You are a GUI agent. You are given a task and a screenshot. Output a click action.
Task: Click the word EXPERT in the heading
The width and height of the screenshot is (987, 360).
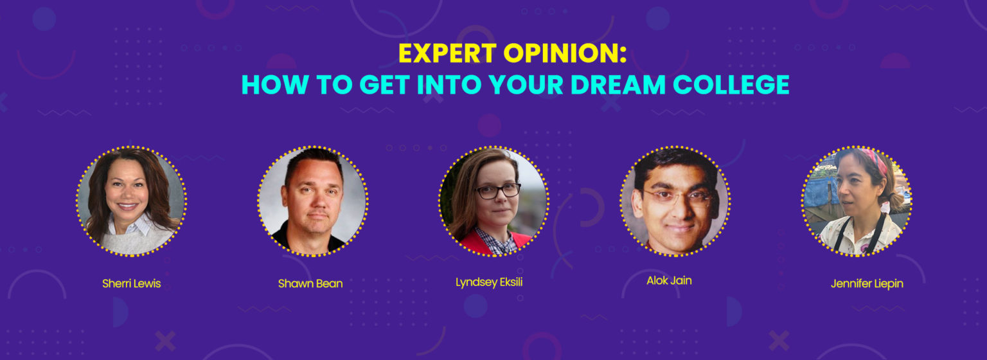pyautogui.click(x=447, y=53)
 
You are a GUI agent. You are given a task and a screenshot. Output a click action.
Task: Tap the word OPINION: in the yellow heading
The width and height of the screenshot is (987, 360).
pyautogui.click(x=565, y=53)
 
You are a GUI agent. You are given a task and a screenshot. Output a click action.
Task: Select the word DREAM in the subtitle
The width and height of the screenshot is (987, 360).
pyautogui.click(x=618, y=85)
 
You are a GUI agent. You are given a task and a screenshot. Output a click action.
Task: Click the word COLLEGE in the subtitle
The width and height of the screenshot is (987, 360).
pyautogui.click(x=731, y=85)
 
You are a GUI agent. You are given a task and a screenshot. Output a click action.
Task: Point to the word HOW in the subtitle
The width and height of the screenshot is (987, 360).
pyautogui.click(x=274, y=85)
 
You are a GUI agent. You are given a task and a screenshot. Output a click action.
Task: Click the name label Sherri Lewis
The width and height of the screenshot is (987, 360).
pyautogui.click(x=131, y=283)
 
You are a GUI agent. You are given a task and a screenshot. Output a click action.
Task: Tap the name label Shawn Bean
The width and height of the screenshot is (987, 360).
pyautogui.click(x=310, y=283)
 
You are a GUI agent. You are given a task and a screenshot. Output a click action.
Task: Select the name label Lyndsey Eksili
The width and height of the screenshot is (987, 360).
pyautogui.click(x=489, y=282)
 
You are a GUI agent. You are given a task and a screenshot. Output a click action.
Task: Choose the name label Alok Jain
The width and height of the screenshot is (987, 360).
pyautogui.click(x=669, y=281)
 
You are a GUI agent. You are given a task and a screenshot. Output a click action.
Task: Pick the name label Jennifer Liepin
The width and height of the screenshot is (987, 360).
pyautogui.click(x=867, y=284)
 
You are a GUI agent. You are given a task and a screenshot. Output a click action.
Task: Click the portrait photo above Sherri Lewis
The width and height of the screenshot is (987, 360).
pyautogui.click(x=131, y=201)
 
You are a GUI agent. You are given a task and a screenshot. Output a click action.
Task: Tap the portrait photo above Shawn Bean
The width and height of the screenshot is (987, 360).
pyautogui.click(x=313, y=201)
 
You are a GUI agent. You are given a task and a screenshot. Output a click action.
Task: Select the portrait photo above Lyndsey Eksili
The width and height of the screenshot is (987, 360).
pyautogui.click(x=493, y=201)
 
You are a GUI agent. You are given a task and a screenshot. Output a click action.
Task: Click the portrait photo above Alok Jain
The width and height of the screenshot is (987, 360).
pyautogui.click(x=675, y=201)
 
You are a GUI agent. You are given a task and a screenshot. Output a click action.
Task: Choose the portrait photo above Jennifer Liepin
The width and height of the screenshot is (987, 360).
pyautogui.click(x=857, y=201)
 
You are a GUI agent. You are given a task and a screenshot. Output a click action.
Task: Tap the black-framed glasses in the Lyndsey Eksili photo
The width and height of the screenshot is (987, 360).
pyautogui.click(x=498, y=191)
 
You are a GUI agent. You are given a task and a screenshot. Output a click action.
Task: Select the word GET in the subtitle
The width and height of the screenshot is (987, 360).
pyautogui.click(x=385, y=85)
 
